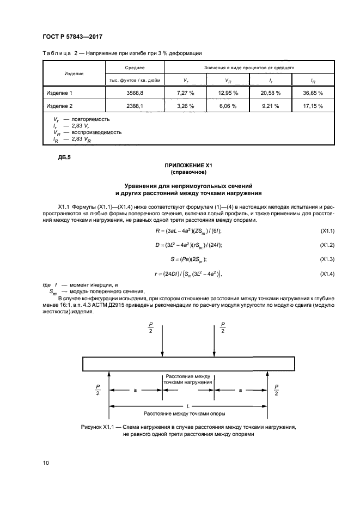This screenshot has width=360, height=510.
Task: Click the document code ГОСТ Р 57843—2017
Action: click(x=72, y=37)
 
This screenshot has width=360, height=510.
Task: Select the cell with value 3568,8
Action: click(x=134, y=93)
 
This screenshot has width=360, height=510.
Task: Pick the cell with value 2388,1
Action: click(x=134, y=106)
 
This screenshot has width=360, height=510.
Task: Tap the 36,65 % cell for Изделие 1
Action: click(x=313, y=93)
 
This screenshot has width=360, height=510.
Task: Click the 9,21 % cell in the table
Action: click(x=270, y=106)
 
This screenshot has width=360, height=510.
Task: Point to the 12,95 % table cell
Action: click(x=228, y=93)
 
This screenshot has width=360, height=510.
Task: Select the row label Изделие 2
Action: click(x=59, y=106)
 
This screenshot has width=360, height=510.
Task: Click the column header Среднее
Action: click(x=134, y=68)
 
